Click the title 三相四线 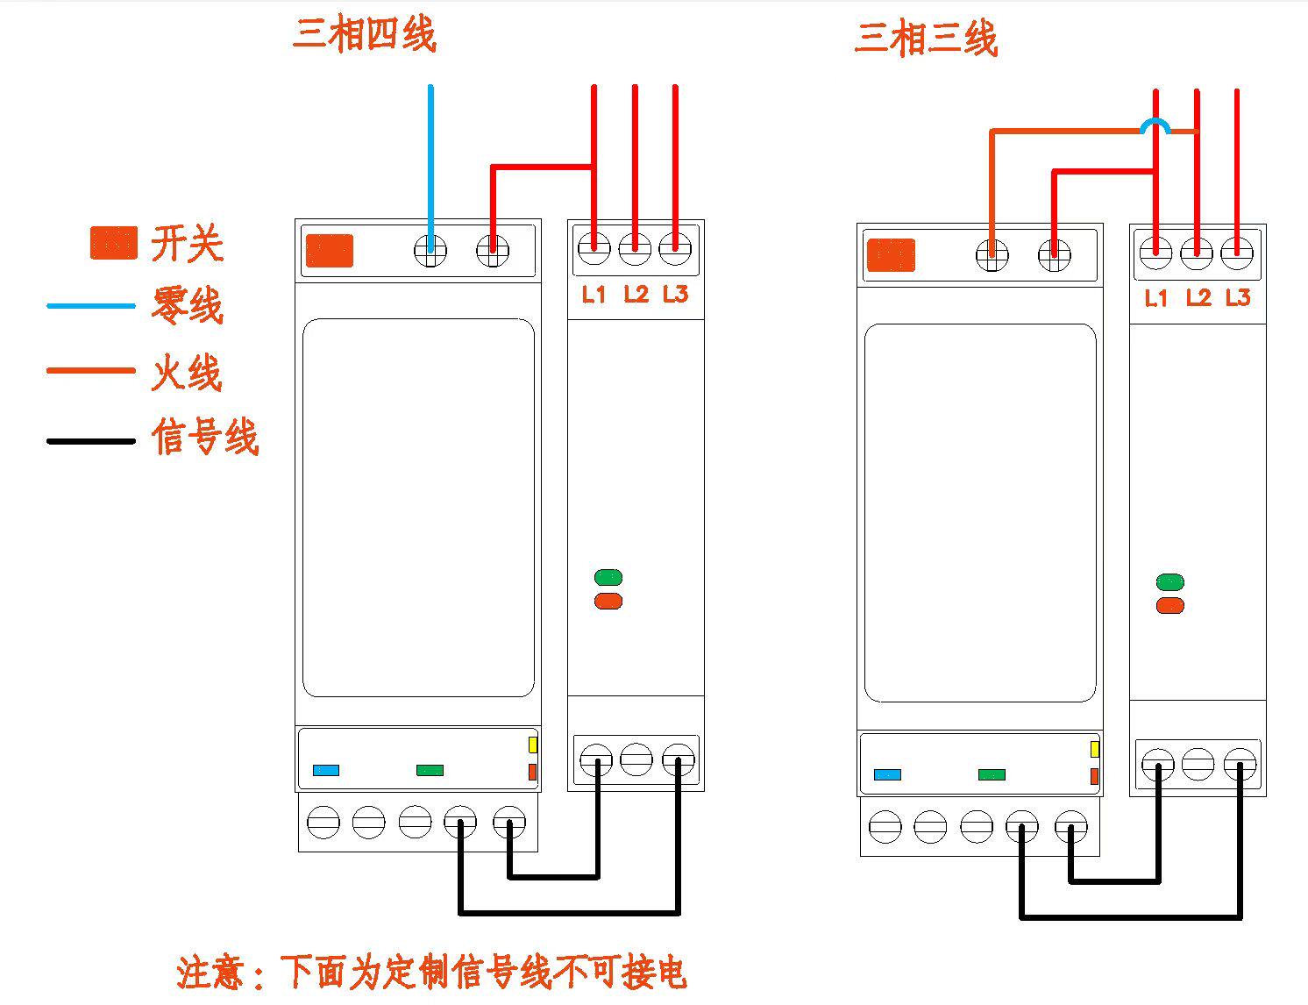364,36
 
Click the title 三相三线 926,39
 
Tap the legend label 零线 187,306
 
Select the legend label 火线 187,373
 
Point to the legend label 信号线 204,437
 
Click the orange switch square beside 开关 114,243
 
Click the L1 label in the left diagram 594,295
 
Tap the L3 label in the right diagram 1237,298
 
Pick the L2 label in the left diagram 636,295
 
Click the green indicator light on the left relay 608,577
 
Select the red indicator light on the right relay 1169,606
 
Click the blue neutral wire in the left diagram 430,158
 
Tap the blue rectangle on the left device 326,770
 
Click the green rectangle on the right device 992,774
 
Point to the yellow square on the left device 532,745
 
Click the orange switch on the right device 891,255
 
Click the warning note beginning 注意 431,972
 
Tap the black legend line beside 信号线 91,440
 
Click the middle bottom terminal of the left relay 636,759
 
